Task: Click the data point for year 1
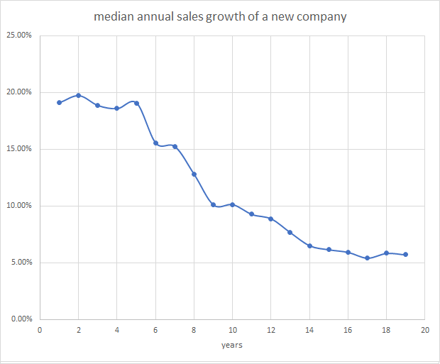pos(59,102)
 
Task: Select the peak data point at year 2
pos(78,95)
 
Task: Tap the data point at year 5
pos(136,103)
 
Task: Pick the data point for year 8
pos(194,174)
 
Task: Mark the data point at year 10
pos(232,204)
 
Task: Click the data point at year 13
pos(290,232)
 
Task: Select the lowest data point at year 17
pos(367,258)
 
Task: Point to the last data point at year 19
pos(405,254)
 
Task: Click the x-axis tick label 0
pos(40,330)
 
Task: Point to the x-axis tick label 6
pos(155,330)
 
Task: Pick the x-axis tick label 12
pos(271,330)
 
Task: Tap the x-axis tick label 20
pos(425,330)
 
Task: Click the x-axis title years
pos(232,346)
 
